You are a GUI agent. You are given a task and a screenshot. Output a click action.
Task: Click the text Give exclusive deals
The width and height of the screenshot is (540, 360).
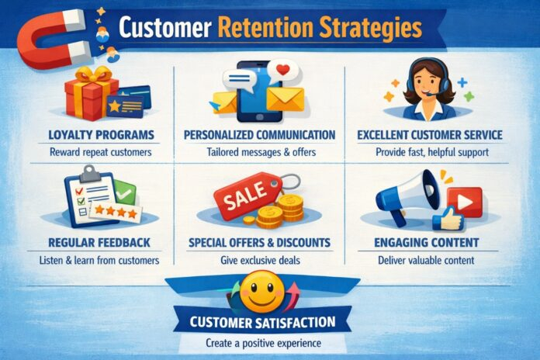pyautogui.click(x=259, y=260)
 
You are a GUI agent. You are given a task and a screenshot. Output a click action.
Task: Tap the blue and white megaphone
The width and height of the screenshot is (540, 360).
pyautogui.click(x=403, y=197)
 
